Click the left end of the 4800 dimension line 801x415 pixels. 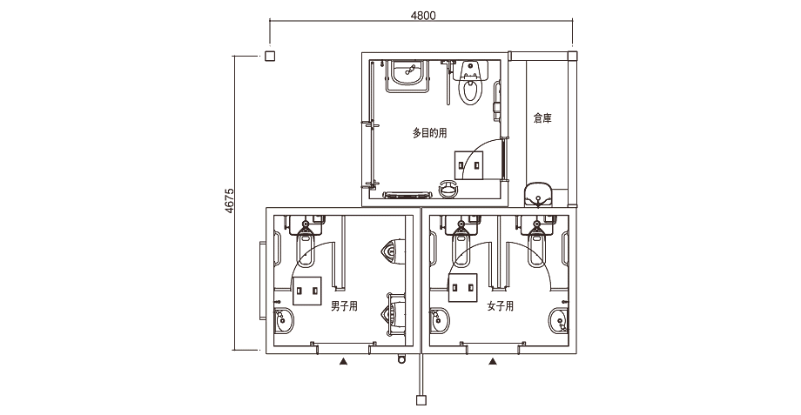pos(270,20)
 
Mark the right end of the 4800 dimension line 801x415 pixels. pos(572,20)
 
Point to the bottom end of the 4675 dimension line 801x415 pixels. pos(234,350)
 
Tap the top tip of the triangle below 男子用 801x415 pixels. pos(344,358)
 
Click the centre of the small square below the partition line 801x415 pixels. pos(421,399)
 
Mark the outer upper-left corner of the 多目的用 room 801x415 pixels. pos(361,52)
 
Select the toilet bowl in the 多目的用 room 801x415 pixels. pos(470,84)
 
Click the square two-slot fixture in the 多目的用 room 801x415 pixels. pos(469,165)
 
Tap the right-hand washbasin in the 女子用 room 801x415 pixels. pos(559,320)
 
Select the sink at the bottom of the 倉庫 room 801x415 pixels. pos(538,195)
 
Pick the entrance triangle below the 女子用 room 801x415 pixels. pos(493,361)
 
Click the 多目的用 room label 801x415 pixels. pos(429,133)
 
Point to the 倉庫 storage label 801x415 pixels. pos(542,118)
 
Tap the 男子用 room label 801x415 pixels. pos(344,306)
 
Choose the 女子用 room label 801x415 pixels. pos(500,306)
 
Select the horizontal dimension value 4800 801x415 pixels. pos(423,16)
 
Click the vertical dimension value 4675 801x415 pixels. pos(229,201)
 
